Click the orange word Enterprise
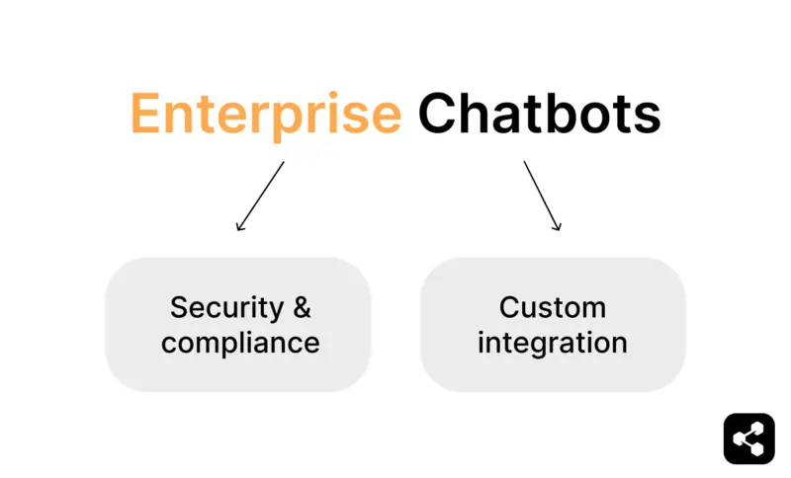pyautogui.click(x=265, y=115)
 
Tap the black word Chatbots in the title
pyautogui.click(x=539, y=115)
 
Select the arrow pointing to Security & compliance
pyautogui.click(x=260, y=196)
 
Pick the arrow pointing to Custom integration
pyautogui.click(x=542, y=196)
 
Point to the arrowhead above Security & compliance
pyautogui.click(x=238, y=228)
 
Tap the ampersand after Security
pyautogui.click(x=301, y=307)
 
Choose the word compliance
pyautogui.click(x=240, y=343)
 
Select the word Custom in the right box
pyautogui.click(x=553, y=307)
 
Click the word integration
pyautogui.click(x=553, y=343)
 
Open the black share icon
pyautogui.click(x=748, y=438)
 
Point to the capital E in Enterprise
pyautogui.click(x=145, y=115)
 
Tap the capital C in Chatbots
pyautogui.click(x=438, y=115)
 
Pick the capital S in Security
pyautogui.click(x=179, y=307)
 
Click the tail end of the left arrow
pyautogui.click(x=283, y=163)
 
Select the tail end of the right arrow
pyautogui.click(x=524, y=163)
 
